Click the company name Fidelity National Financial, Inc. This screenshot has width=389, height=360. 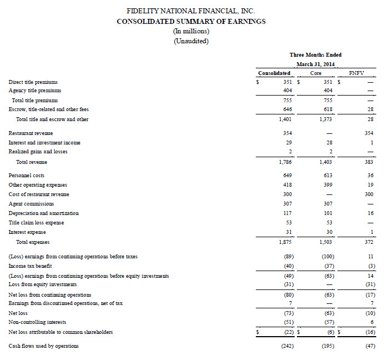click(x=191, y=11)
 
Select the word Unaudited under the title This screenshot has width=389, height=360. click(x=191, y=41)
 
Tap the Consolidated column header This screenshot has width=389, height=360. click(x=275, y=73)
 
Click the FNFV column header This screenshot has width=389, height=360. click(x=357, y=73)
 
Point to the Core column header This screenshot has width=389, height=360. click(x=315, y=73)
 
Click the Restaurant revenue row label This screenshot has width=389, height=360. click(x=31, y=133)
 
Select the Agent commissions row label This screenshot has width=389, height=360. click(x=31, y=204)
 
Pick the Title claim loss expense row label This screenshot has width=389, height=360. click(x=36, y=223)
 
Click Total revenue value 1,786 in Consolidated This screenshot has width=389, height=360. click(x=284, y=162)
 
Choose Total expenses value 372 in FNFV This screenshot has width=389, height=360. click(x=368, y=242)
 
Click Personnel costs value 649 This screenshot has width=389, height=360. click(x=286, y=176)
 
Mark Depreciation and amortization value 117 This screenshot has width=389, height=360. click(x=286, y=213)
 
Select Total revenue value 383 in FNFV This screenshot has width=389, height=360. click(x=368, y=162)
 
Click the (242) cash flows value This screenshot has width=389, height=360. click(x=285, y=346)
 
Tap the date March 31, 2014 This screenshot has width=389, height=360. click(x=315, y=64)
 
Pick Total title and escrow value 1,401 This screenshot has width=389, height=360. click(x=284, y=119)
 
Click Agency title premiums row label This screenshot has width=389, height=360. click(x=34, y=91)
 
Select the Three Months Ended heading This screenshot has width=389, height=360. click(x=315, y=54)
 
